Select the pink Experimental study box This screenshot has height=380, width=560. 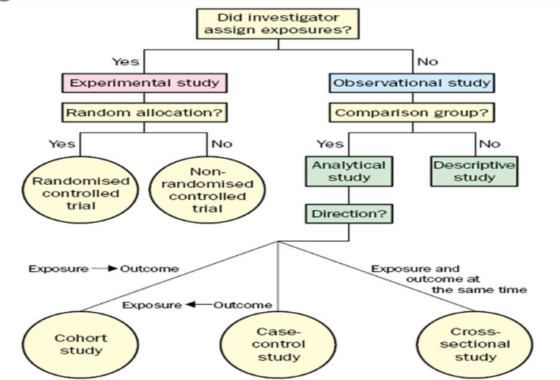pyautogui.click(x=145, y=83)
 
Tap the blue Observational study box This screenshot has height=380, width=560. pyautogui.click(x=411, y=83)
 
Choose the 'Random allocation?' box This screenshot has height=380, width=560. pyautogui.click(x=145, y=112)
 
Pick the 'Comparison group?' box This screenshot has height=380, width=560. pyautogui.click(x=411, y=112)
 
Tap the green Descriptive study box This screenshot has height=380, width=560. pyautogui.click(x=474, y=171)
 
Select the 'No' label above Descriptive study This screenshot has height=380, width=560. pyautogui.click(x=490, y=144)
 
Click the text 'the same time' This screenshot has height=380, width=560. pyautogui.click(x=479, y=291)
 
